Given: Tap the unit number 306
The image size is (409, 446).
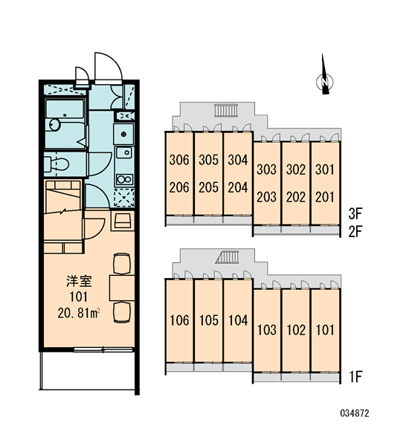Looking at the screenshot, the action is pyautogui.click(x=179, y=160).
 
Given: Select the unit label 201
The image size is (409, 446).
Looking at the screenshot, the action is pyautogui.click(x=325, y=197).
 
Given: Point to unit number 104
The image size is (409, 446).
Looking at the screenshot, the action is pyautogui.click(x=238, y=320).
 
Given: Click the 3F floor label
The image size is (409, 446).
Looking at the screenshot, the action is pyautogui.click(x=355, y=214).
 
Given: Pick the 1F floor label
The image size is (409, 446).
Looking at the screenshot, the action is pyautogui.click(x=355, y=377).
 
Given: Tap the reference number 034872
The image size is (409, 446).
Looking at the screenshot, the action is pyautogui.click(x=355, y=413).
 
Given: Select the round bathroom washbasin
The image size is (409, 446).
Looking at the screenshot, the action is pyautogui.click(x=54, y=125).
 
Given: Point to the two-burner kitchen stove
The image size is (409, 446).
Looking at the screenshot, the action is pyautogui.click(x=124, y=179).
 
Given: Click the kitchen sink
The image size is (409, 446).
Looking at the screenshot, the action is pyautogui.click(x=123, y=152).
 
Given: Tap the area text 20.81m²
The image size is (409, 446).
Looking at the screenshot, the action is pyautogui.click(x=79, y=313).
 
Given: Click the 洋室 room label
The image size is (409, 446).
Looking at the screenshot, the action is pyautogui.click(x=79, y=281).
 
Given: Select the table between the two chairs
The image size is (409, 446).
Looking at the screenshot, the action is pyautogui.click(x=122, y=288).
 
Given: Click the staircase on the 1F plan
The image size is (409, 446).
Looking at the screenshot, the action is pyautogui.click(x=227, y=257).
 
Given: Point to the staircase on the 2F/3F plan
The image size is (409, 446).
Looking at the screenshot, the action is pyautogui.click(x=226, y=111).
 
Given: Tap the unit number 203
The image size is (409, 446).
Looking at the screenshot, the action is pyautogui.click(x=266, y=197).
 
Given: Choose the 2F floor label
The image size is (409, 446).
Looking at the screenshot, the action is pyautogui.click(x=355, y=232).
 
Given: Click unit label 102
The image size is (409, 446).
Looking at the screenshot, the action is pyautogui.click(x=296, y=330).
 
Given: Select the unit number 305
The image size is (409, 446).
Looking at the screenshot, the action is pyautogui.click(x=208, y=160).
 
